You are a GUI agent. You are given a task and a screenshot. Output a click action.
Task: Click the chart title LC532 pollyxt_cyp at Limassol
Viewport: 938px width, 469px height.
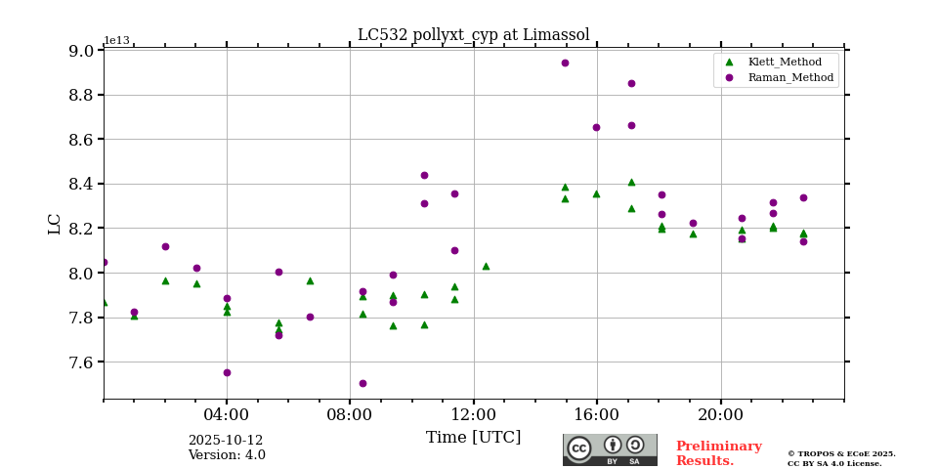[473, 35]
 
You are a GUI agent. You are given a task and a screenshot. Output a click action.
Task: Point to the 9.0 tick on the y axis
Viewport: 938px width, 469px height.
[82, 51]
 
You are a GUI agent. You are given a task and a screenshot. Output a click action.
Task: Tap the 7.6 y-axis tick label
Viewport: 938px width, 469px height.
[82, 362]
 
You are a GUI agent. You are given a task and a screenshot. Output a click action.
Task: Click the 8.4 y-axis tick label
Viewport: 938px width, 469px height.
[82, 184]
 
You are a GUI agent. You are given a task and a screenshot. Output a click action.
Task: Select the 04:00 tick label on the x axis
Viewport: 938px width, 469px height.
[227, 413]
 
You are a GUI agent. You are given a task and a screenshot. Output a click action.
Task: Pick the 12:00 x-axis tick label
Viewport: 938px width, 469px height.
[474, 413]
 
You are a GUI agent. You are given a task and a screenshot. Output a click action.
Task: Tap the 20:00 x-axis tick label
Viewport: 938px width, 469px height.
[721, 413]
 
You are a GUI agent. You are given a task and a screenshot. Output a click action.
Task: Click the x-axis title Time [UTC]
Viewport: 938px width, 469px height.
[473, 438]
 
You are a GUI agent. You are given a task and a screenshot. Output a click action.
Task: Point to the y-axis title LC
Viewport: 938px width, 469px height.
[55, 224]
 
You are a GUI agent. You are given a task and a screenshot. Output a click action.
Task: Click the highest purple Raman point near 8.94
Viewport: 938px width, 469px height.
[565, 63]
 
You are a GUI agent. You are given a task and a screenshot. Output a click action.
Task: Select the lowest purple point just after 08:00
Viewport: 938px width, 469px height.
[362, 383]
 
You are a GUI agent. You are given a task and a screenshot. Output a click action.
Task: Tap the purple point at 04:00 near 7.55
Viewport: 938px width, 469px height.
[227, 372]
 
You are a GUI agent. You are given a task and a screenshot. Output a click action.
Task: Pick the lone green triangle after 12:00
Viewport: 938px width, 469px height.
[486, 266]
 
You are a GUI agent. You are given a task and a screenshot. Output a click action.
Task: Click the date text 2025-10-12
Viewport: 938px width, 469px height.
[226, 441]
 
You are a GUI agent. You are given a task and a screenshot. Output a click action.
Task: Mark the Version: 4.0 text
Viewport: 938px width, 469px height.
[226, 455]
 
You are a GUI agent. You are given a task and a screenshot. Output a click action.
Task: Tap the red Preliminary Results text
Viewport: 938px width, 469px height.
[718, 453]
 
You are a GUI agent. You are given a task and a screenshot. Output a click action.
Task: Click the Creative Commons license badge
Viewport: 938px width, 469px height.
[610, 449]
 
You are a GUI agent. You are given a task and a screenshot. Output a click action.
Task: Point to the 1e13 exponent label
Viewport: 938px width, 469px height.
[116, 41]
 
